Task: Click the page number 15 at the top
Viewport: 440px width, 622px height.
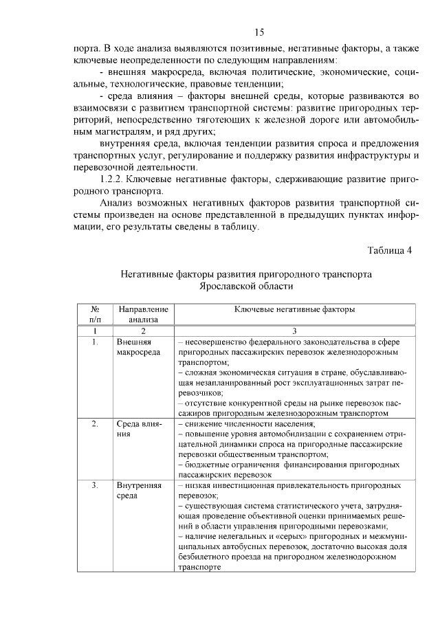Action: click(x=258, y=32)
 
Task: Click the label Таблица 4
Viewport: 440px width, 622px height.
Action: click(x=388, y=249)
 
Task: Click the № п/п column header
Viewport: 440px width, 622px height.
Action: click(x=96, y=314)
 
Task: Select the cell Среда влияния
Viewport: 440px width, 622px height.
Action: click(x=137, y=429)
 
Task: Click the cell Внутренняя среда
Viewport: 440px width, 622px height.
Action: click(x=137, y=490)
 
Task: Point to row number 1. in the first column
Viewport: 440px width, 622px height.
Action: click(x=96, y=342)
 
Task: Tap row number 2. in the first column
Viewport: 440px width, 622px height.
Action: click(x=96, y=424)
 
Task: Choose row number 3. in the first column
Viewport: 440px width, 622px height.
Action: click(x=96, y=485)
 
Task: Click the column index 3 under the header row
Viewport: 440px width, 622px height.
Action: click(x=294, y=331)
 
